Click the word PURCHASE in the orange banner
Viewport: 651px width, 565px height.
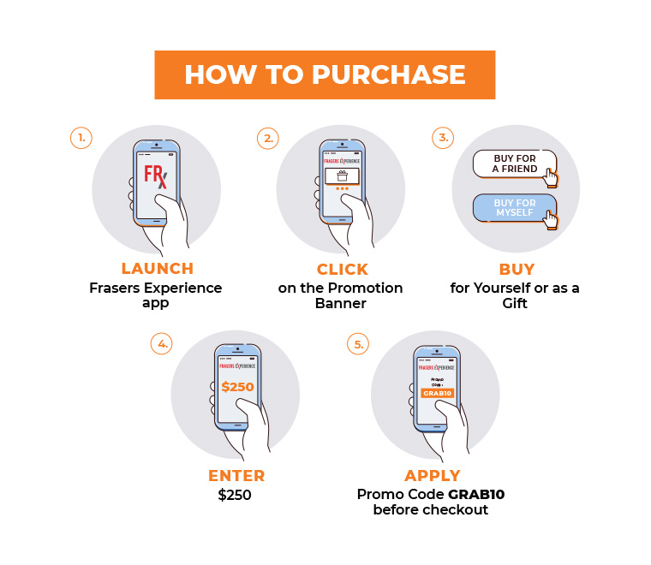(388, 74)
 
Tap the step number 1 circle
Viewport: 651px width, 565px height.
(81, 138)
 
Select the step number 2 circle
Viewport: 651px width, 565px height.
(268, 138)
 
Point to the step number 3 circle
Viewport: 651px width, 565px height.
(443, 137)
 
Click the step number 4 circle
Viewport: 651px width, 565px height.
(162, 343)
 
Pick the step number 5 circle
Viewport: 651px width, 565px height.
(358, 344)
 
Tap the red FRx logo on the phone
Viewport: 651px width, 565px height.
(156, 176)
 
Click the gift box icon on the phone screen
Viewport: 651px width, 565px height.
(342, 175)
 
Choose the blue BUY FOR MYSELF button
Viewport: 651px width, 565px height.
(515, 208)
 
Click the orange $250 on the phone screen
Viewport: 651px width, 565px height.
(237, 387)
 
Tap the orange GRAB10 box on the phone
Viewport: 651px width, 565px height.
(437, 393)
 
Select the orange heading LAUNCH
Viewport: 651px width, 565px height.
(158, 269)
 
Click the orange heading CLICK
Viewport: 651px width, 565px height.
(343, 269)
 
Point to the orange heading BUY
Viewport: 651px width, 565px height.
(517, 269)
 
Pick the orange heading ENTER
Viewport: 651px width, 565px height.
(236, 476)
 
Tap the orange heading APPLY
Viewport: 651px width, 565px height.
(433, 475)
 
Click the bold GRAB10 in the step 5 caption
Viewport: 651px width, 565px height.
(476, 495)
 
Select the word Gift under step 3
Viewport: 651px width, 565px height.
(515, 303)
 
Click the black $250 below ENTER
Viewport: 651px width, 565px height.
(235, 495)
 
